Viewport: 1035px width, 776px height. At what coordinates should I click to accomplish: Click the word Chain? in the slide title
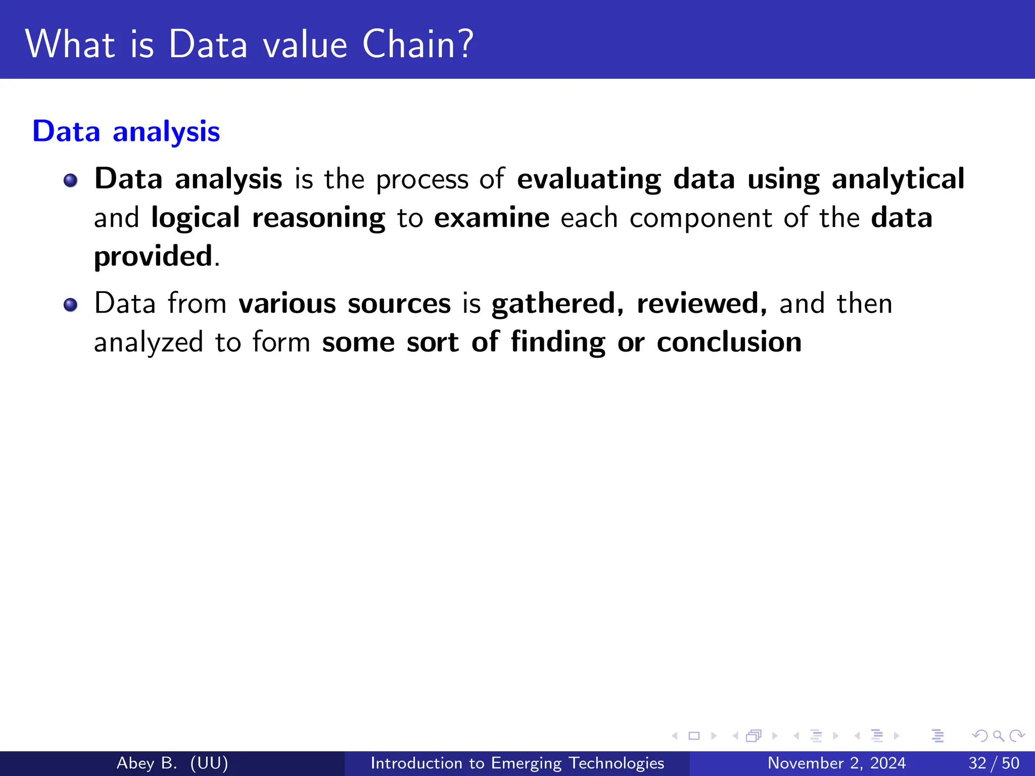coord(417,44)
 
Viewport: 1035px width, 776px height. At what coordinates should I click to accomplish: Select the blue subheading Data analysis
coord(126,132)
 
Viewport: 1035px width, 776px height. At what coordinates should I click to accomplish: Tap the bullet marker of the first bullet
coord(71,180)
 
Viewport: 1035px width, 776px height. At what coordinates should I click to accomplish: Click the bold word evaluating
coord(589,180)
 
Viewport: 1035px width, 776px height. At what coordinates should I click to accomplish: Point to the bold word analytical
coord(898,180)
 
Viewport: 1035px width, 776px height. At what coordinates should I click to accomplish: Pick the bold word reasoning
coord(318,219)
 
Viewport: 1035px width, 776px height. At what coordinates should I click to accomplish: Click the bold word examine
coord(491,218)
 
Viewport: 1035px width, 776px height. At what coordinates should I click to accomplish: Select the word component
coord(701,219)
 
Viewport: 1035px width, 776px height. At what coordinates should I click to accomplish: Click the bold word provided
coord(153,257)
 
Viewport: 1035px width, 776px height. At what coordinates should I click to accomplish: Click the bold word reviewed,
coord(701,304)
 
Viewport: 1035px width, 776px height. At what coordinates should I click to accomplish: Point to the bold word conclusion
coord(729,343)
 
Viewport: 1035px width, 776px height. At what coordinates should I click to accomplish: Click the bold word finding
coord(557,343)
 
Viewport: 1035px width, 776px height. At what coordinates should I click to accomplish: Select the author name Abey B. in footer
coord(147,763)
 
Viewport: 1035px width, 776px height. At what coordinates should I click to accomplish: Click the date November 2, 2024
coord(836,763)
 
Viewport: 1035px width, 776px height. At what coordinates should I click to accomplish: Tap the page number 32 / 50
coord(994,763)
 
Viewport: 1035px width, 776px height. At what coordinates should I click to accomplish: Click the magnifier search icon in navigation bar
coord(998,736)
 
